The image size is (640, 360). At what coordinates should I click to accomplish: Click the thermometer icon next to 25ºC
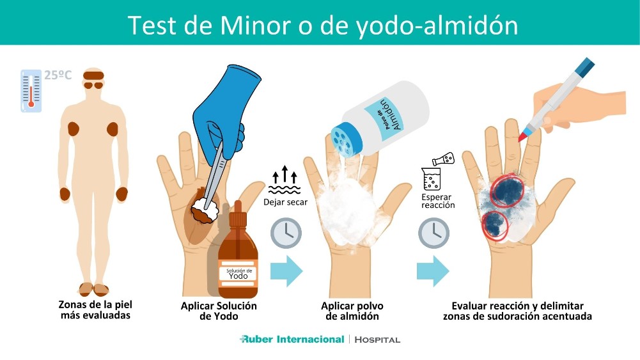[x=31, y=90]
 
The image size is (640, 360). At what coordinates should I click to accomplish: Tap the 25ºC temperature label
[x=58, y=75]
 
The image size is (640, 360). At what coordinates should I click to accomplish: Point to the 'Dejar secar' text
[x=286, y=202]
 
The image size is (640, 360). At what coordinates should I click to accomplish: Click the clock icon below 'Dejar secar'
[x=286, y=233]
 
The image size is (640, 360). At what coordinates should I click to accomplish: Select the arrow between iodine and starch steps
[x=286, y=271]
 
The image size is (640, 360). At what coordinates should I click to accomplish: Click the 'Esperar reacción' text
[x=438, y=201]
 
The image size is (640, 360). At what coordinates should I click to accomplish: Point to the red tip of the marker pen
[x=524, y=136]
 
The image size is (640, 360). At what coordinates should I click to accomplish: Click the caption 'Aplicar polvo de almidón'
[x=352, y=311]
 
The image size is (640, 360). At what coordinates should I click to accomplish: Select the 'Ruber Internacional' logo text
[x=292, y=339]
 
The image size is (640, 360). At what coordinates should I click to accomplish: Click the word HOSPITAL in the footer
[x=377, y=340]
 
